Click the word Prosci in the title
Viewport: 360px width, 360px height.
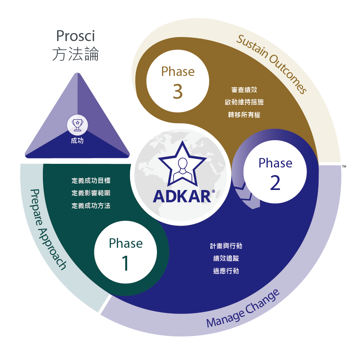click(x=75, y=36)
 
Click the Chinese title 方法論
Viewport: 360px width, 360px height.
click(x=76, y=54)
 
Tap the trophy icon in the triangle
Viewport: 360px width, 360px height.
click(x=77, y=125)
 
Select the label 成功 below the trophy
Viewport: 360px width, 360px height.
click(x=77, y=141)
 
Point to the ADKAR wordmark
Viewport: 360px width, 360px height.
click(x=182, y=197)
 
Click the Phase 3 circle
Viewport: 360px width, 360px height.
click(x=178, y=81)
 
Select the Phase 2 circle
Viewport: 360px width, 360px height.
click(x=275, y=172)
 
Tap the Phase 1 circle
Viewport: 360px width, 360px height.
click(x=126, y=252)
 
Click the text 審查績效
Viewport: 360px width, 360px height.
click(x=244, y=89)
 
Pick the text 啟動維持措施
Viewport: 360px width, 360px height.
click(x=244, y=102)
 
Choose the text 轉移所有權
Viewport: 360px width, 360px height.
click(x=244, y=114)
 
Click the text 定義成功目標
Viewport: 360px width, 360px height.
click(x=91, y=181)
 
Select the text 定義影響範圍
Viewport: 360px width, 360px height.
click(x=91, y=193)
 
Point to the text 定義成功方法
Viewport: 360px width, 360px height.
click(x=91, y=206)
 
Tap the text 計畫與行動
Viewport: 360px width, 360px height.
click(x=226, y=246)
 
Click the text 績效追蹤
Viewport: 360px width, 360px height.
click(x=226, y=258)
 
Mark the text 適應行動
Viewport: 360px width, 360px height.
click(x=226, y=271)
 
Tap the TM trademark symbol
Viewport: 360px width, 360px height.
click(x=344, y=166)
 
